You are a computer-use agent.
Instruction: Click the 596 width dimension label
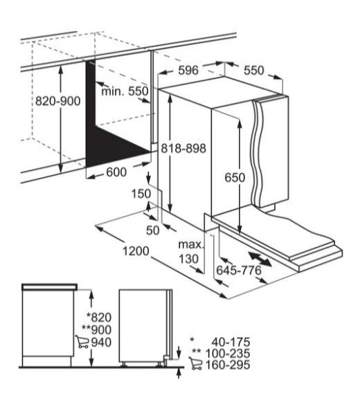(188, 71)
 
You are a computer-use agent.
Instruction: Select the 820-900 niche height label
(57, 101)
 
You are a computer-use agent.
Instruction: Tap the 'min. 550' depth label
(125, 91)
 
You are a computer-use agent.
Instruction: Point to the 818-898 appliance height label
(183, 148)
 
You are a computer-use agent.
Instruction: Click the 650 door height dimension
(235, 178)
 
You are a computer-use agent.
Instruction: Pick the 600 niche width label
(116, 172)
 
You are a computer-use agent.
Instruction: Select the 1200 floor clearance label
(136, 251)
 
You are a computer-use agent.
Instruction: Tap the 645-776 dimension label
(239, 270)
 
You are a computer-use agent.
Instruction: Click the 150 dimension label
(141, 194)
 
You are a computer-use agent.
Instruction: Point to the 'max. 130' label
(190, 252)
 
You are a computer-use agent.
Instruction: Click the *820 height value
(99, 318)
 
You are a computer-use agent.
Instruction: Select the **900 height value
(96, 330)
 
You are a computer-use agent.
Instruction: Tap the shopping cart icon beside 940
(82, 342)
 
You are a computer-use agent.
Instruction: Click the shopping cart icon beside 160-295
(195, 363)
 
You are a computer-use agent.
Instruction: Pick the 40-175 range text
(231, 342)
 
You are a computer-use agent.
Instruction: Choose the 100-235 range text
(228, 353)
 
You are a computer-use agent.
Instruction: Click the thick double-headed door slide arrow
(260, 259)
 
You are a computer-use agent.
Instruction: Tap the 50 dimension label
(153, 230)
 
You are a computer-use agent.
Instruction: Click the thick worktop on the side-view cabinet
(49, 286)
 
